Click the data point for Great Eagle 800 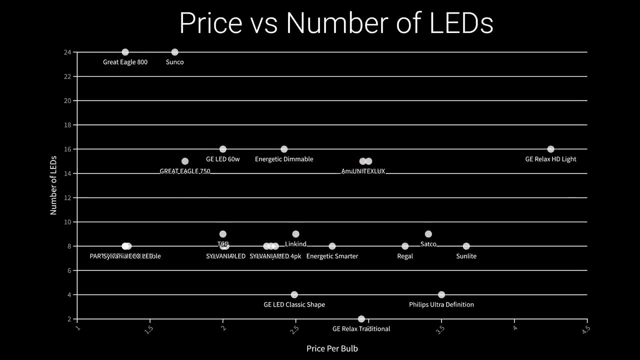click(125, 52)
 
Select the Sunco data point click(174, 52)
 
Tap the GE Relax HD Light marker click(550, 149)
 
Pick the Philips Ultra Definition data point click(441, 294)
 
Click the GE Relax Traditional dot click(361, 319)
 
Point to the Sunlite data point click(466, 246)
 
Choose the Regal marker click(405, 246)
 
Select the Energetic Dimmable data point click(284, 149)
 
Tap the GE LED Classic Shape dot click(294, 294)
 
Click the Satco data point click(428, 234)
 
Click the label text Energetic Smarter click(332, 256)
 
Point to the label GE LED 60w click(222, 159)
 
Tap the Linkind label click(295, 244)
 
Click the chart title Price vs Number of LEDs click(336, 23)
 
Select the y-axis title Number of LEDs click(53, 185)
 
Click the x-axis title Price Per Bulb click(332, 348)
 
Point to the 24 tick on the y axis click(67, 52)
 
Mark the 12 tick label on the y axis click(67, 197)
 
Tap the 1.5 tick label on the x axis click(148, 329)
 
